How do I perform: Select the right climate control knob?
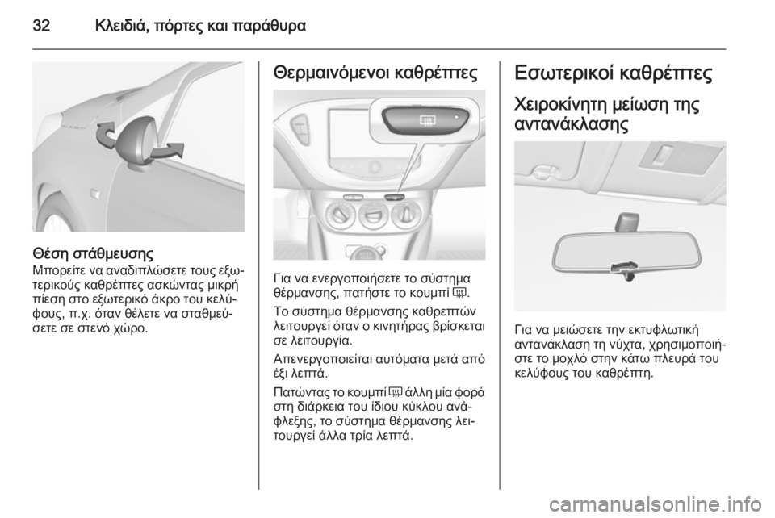click(410, 216)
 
